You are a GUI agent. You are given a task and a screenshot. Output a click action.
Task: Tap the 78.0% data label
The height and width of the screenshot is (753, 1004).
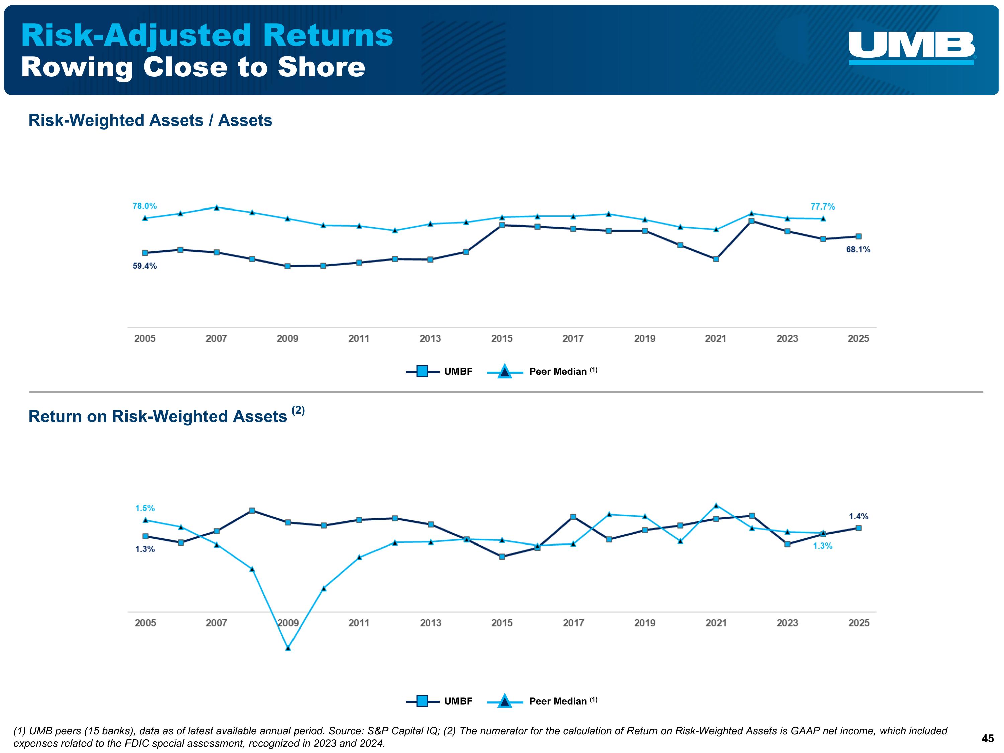144,206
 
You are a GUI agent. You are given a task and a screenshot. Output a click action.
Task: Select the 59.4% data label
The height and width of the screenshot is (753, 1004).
144,266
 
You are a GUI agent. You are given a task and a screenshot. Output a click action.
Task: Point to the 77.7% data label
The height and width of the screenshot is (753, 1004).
823,206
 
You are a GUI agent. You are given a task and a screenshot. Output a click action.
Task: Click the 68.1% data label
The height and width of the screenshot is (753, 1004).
858,249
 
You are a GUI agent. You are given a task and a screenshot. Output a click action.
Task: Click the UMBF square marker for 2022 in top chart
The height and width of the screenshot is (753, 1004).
751,221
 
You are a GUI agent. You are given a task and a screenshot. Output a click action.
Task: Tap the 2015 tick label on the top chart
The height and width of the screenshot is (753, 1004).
502,339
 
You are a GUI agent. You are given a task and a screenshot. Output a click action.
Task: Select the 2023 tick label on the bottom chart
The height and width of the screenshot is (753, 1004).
787,623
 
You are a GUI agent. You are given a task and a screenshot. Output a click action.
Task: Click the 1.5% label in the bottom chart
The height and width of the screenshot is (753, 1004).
145,508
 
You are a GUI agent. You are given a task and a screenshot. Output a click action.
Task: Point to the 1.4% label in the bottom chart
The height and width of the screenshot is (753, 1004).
858,516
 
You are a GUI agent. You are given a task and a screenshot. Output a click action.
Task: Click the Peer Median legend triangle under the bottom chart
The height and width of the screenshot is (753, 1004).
505,701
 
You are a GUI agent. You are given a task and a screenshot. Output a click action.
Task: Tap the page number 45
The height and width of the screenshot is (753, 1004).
987,739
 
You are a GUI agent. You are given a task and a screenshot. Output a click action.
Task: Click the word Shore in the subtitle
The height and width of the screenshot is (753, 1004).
321,67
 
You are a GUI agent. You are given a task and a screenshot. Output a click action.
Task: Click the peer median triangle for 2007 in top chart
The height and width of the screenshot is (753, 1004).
217,208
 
